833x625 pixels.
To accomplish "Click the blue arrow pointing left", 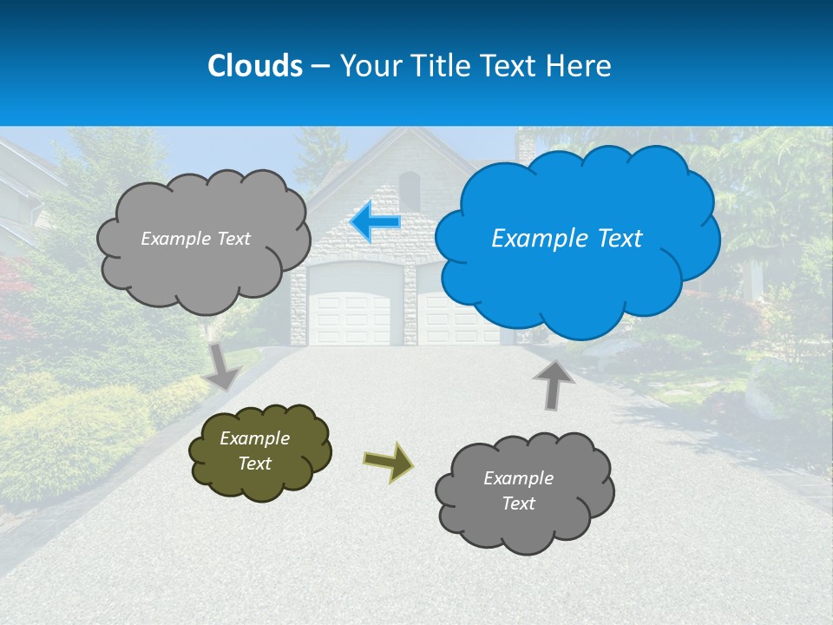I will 376,222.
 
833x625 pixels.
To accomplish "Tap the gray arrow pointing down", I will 223,365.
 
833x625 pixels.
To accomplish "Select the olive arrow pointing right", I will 388,461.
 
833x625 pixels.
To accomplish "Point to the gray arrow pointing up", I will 553,384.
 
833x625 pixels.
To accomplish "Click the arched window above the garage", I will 410,190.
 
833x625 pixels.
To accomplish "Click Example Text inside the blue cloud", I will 567,239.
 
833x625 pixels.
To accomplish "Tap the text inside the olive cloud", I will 254,451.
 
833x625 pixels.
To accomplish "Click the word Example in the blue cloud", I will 530,239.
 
